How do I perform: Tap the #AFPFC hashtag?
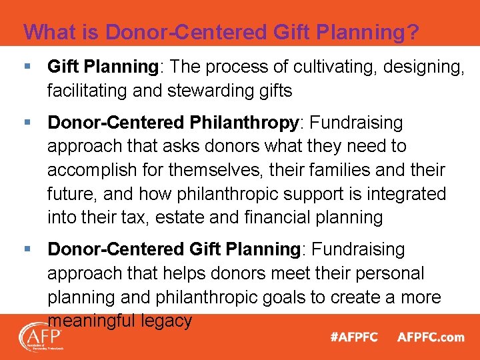(x=354, y=337)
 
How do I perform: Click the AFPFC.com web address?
(x=431, y=337)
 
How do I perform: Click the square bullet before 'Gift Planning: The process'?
(x=27, y=66)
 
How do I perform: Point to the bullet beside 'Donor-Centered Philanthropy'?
(x=27, y=123)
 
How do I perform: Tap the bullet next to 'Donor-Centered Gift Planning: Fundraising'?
(x=27, y=249)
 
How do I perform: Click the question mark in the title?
(x=413, y=32)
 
